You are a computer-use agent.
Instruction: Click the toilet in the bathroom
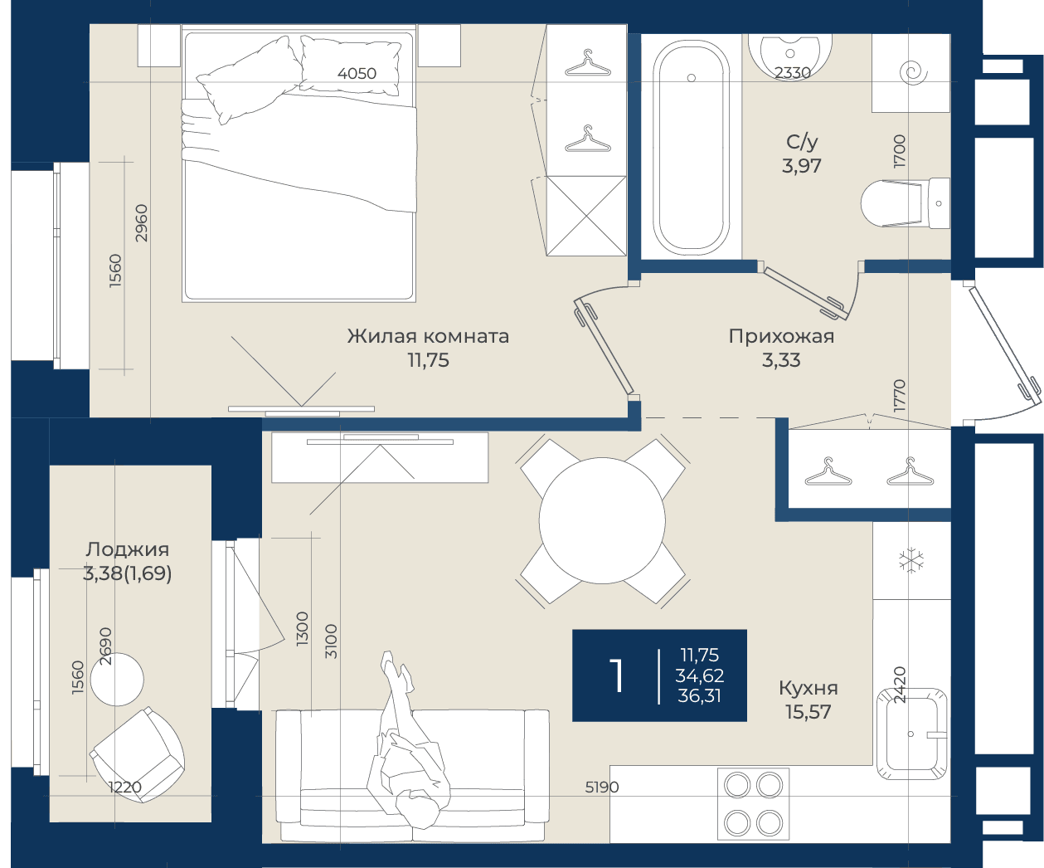pyautogui.click(x=905, y=203)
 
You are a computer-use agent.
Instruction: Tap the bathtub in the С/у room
pyautogui.click(x=691, y=147)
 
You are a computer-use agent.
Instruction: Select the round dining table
pyautogui.click(x=602, y=520)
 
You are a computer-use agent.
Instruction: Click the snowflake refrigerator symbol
pyautogui.click(x=911, y=560)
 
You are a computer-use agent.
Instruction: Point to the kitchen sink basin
pyautogui.click(x=912, y=734)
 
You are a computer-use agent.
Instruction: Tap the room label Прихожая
pyautogui.click(x=781, y=336)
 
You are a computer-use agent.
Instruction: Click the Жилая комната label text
pyautogui.click(x=428, y=336)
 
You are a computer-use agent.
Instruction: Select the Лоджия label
pyautogui.click(x=128, y=550)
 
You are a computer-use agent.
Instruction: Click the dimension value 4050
pyautogui.click(x=357, y=74)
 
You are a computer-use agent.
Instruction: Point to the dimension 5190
pyautogui.click(x=602, y=787)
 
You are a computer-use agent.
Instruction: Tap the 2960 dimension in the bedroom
pyautogui.click(x=142, y=223)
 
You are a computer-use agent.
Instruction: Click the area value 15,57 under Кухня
pyautogui.click(x=808, y=712)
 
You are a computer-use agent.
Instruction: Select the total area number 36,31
pyautogui.click(x=700, y=696)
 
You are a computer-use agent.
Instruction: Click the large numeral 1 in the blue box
pyautogui.click(x=618, y=675)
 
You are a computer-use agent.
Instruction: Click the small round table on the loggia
pyautogui.click(x=117, y=680)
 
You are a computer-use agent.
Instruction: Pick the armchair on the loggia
pyautogui.click(x=137, y=755)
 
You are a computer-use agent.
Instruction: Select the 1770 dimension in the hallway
pyautogui.click(x=899, y=395)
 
